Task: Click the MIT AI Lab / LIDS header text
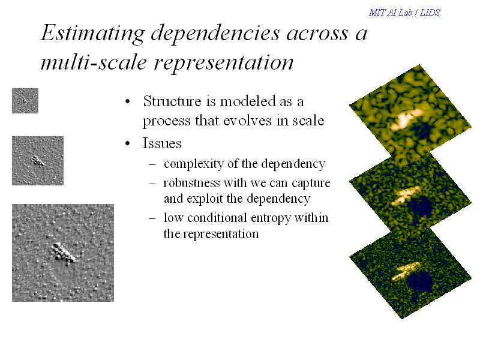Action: (x=404, y=13)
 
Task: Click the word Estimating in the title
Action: (x=93, y=34)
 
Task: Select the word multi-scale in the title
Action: (x=94, y=63)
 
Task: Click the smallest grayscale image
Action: (x=25, y=101)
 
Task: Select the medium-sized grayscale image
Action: (x=38, y=161)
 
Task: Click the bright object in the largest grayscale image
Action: (x=64, y=253)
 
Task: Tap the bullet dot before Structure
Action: (x=128, y=101)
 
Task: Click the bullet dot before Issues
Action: (x=128, y=143)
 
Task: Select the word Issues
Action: (x=162, y=143)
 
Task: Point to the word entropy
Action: (x=271, y=218)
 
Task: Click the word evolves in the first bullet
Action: (x=247, y=121)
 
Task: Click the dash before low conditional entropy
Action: (x=152, y=218)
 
